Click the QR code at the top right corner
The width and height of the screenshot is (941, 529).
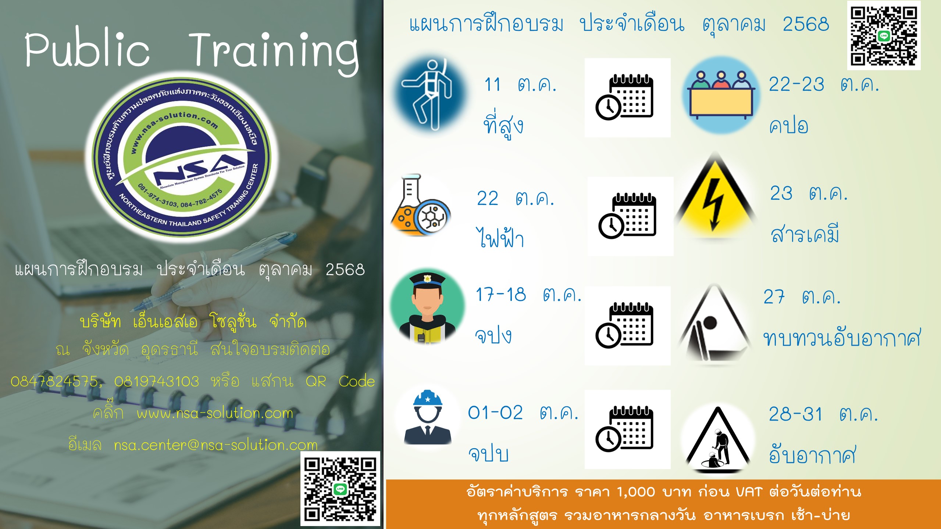(x=884, y=36)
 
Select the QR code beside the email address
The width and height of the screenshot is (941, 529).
(x=340, y=489)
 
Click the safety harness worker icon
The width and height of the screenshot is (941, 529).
(x=431, y=95)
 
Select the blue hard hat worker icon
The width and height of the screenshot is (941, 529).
(x=428, y=417)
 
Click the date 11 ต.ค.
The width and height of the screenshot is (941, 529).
(x=520, y=84)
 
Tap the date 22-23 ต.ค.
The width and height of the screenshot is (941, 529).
(x=824, y=84)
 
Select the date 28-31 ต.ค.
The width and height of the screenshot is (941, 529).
(x=823, y=414)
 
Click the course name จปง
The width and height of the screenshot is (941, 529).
(x=493, y=335)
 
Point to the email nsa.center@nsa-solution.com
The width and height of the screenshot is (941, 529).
(x=215, y=445)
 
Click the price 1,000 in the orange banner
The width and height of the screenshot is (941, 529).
(x=635, y=492)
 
